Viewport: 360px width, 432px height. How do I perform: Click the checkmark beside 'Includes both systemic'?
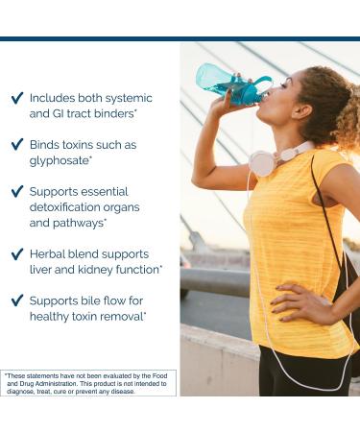point(16,98)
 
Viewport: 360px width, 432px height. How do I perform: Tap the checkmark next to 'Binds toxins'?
point(16,145)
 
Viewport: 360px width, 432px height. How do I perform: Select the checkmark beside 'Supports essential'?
point(16,191)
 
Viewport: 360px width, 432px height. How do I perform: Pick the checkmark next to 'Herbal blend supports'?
point(16,254)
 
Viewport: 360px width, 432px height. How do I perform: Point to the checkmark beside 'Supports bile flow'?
point(16,300)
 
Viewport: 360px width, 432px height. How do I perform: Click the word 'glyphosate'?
point(60,160)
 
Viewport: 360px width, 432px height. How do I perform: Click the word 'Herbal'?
point(49,254)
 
